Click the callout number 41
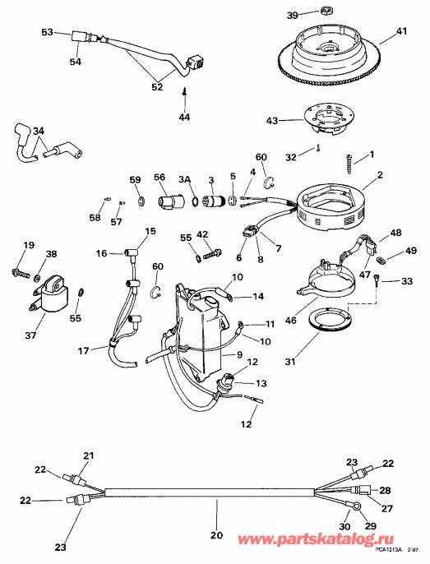401,31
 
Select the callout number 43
271,120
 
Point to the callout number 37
31,335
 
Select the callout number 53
47,32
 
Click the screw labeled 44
186,96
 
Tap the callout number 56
160,177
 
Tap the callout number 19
28,245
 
